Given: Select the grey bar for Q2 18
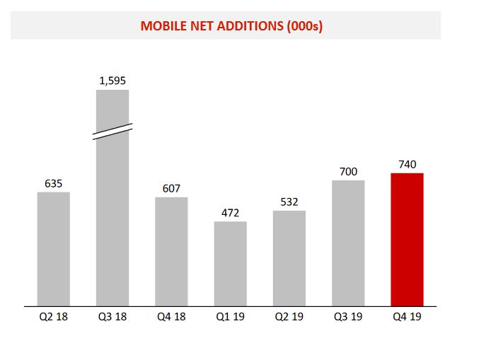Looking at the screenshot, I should click(54, 249).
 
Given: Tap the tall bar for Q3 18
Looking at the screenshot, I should click(112, 212).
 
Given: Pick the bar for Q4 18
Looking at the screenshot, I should click(171, 252).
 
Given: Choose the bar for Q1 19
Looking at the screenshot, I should click(230, 264).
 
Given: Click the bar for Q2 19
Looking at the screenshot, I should click(289, 258).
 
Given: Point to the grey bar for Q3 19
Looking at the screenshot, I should click(348, 243).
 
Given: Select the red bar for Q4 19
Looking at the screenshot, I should click(407, 240).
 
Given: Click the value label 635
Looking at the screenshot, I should click(54, 184).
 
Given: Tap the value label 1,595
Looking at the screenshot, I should click(112, 81).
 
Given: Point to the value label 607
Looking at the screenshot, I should click(171, 189).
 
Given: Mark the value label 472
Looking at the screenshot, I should click(230, 213).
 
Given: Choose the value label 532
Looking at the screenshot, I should click(289, 202).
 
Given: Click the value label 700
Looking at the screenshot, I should click(348, 172).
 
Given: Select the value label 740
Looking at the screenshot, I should click(407, 165).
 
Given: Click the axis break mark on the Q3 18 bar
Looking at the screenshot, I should click(112, 132).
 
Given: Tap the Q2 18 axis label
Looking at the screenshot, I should click(54, 317).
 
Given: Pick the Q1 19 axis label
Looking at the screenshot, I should click(230, 317).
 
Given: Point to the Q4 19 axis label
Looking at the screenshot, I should click(407, 317).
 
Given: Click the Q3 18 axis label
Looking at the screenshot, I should click(112, 317).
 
